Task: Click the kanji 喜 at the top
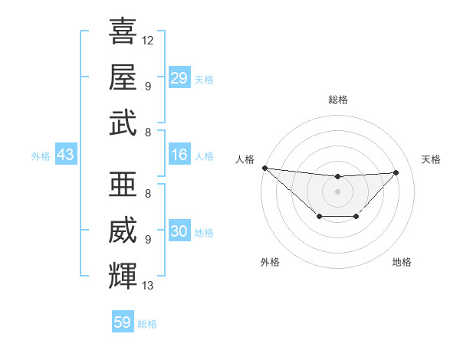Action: [123, 32]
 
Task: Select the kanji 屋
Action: [123, 77]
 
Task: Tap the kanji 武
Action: [123, 123]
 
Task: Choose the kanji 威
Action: [123, 231]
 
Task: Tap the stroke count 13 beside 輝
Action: [148, 286]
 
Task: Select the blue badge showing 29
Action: [179, 78]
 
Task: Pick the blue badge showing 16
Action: [179, 155]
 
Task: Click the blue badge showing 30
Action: [179, 232]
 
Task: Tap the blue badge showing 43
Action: [65, 155]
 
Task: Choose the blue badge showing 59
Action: [123, 322]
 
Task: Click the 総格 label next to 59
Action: [147, 324]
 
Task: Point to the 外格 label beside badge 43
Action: [41, 156]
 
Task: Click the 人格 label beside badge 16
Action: [204, 156]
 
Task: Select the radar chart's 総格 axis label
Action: [337, 100]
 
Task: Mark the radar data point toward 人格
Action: [264, 168]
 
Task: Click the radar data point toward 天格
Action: [396, 172]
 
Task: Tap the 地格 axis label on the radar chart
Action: [402, 262]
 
